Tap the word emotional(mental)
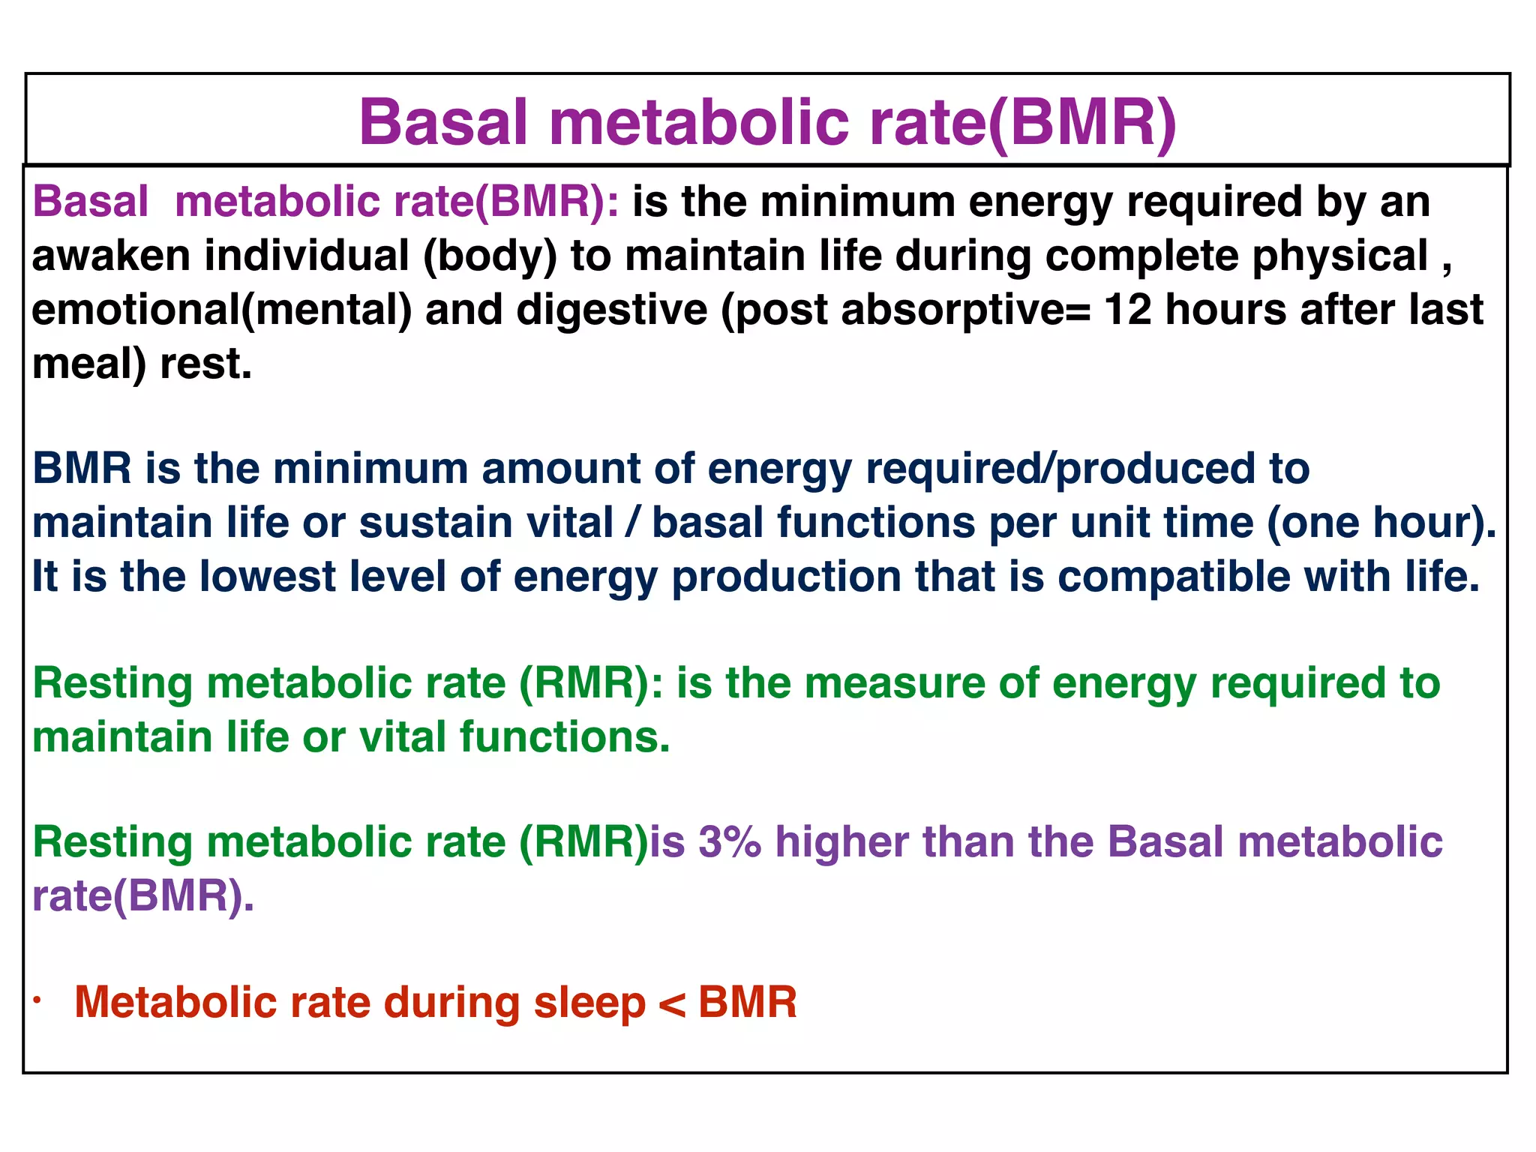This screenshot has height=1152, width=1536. (x=221, y=310)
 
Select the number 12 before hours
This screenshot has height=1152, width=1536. (x=1127, y=310)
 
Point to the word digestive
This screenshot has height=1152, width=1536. (x=611, y=310)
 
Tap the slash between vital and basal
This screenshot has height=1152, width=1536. (x=633, y=523)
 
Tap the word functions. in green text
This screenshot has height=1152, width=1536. (x=564, y=737)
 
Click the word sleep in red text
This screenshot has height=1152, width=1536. (x=589, y=1003)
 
